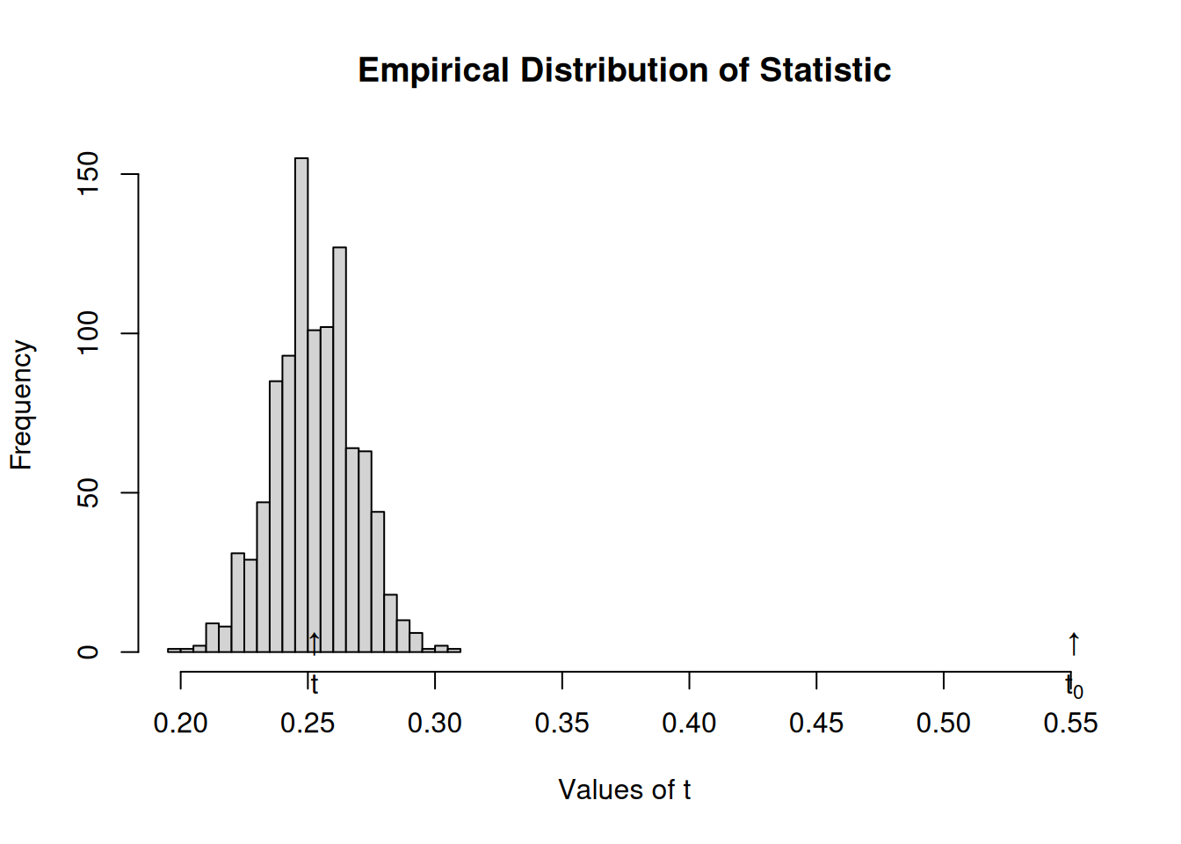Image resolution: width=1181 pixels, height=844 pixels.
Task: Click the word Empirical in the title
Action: pyautogui.click(x=433, y=70)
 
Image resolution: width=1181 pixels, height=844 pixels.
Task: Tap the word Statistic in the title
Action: pyautogui.click(x=825, y=69)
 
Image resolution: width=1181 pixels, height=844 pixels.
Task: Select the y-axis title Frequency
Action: pyautogui.click(x=22, y=404)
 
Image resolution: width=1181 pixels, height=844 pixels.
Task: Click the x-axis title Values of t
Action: pyautogui.click(x=624, y=789)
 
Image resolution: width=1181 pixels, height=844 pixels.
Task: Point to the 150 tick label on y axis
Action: pyautogui.click(x=88, y=173)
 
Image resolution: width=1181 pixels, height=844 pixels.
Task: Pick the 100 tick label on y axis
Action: pyautogui.click(x=88, y=333)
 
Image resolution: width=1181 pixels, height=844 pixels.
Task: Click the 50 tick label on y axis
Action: pyautogui.click(x=88, y=493)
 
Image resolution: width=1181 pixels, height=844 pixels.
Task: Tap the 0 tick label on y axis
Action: pyautogui.click(x=88, y=652)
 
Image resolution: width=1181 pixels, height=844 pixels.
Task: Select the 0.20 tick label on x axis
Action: pyautogui.click(x=180, y=723)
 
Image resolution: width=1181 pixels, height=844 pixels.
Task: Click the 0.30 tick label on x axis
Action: pyautogui.click(x=435, y=723)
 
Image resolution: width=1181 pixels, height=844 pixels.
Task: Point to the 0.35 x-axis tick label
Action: pyautogui.click(x=562, y=723)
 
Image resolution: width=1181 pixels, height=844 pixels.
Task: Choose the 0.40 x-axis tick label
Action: pyautogui.click(x=689, y=723)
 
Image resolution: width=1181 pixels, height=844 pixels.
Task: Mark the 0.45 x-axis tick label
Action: pyautogui.click(x=816, y=723)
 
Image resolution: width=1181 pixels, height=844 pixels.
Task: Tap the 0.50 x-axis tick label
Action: pyautogui.click(x=943, y=723)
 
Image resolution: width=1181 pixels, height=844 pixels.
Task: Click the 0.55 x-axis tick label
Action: pyautogui.click(x=1070, y=723)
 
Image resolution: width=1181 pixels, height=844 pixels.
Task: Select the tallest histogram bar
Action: pyautogui.click(x=301, y=405)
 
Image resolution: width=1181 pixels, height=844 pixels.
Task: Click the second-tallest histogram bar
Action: pyautogui.click(x=339, y=449)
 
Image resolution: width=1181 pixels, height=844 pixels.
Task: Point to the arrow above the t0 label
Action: pyautogui.click(x=1074, y=644)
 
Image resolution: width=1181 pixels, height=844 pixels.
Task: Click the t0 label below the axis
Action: pyautogui.click(x=1074, y=688)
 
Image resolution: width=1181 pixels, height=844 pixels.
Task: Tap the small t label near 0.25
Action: pyautogui.click(x=315, y=685)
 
